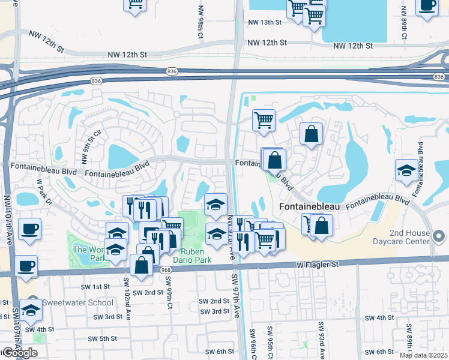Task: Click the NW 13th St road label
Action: (265, 22)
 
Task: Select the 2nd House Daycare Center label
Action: (410, 238)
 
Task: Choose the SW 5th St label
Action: (101, 338)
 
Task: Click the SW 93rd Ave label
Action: (322, 338)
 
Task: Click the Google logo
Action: (19, 353)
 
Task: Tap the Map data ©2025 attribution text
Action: (424, 355)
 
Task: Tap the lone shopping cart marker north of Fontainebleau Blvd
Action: (264, 121)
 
